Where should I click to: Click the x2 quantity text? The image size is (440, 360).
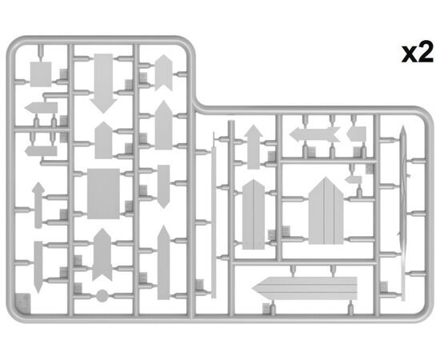click(418, 54)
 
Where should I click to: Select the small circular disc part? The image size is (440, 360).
click(102, 296)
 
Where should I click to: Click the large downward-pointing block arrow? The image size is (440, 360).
click(103, 83)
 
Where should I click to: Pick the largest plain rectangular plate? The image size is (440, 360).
click(103, 194)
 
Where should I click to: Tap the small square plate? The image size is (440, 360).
click(41, 74)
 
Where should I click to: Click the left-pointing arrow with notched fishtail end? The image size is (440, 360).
click(314, 134)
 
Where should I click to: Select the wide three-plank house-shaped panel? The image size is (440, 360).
click(326, 210)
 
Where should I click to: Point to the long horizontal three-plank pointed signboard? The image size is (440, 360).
click(305, 288)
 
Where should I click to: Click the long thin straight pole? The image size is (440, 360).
click(214, 222)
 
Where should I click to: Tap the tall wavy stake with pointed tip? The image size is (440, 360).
click(403, 214)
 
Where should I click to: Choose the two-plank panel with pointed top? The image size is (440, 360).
click(254, 214)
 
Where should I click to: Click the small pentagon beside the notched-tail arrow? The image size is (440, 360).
click(356, 134)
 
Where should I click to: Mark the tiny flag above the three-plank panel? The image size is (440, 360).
click(354, 179)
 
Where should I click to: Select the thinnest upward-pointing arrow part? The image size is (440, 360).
click(38, 205)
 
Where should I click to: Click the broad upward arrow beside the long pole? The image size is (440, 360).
click(254, 146)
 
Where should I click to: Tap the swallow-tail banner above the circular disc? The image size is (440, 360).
click(102, 254)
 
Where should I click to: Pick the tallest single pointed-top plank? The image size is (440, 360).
click(163, 262)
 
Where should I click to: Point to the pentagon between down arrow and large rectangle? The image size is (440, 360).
click(103, 140)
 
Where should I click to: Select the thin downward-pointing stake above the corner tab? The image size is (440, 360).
click(38, 267)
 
